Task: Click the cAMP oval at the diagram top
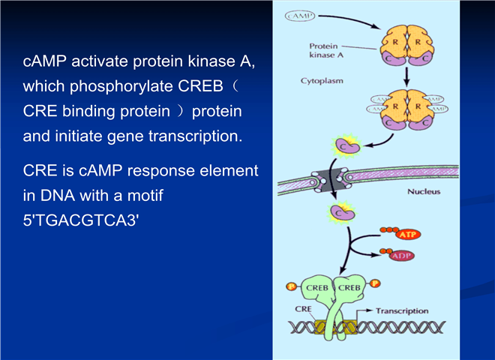click(300, 16)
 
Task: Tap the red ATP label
click(409, 235)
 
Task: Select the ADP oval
click(401, 256)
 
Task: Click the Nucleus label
click(424, 192)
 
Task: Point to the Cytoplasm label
click(322, 81)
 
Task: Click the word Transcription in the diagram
click(402, 311)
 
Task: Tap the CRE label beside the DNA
click(303, 309)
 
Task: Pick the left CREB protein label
click(317, 288)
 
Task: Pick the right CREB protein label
click(349, 288)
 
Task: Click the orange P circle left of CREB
click(291, 286)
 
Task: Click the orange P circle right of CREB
click(375, 283)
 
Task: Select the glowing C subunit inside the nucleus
click(341, 212)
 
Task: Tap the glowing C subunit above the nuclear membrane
click(347, 146)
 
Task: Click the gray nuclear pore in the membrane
click(329, 181)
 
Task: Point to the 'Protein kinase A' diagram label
click(326, 50)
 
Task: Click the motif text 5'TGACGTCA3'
click(81, 220)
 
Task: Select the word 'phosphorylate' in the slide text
click(121, 86)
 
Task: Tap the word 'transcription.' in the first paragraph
click(196, 136)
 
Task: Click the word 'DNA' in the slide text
click(58, 196)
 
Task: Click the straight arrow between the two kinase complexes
click(406, 76)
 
